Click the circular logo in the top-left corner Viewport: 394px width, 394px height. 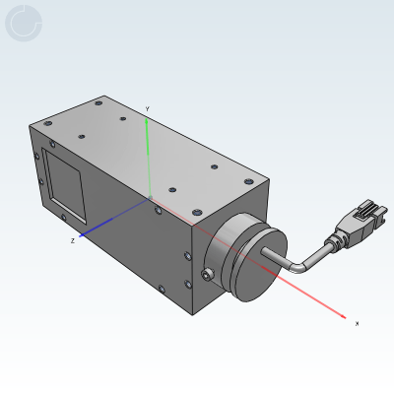(x=24, y=24)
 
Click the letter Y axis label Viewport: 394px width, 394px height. (x=147, y=108)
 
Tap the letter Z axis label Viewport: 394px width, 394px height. (x=72, y=240)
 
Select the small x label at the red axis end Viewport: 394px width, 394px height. (x=357, y=323)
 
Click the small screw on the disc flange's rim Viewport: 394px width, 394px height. (x=209, y=275)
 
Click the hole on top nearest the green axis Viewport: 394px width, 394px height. (x=171, y=185)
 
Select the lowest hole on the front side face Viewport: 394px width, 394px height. (x=163, y=288)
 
